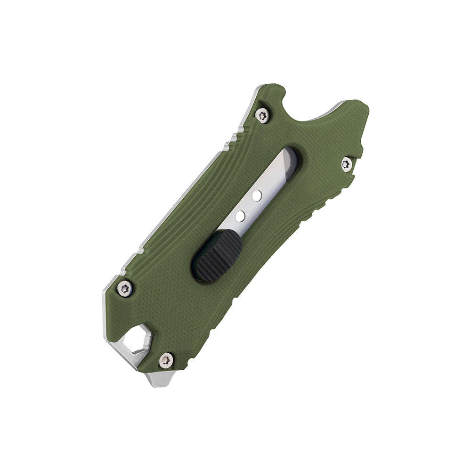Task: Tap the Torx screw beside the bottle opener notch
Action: pyautogui.click(x=262, y=114)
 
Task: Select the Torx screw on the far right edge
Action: pyautogui.click(x=347, y=164)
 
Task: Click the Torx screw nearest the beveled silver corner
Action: pyautogui.click(x=125, y=288)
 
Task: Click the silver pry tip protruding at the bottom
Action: pyautogui.click(x=160, y=378)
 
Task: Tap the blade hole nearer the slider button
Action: pyautogui.click(x=240, y=216)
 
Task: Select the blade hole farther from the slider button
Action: pyautogui.click(x=256, y=195)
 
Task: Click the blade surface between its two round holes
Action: pyautogui.click(x=248, y=205)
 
